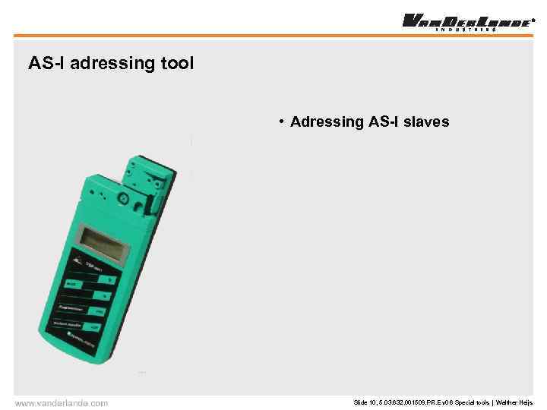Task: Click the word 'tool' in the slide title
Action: tap(176, 63)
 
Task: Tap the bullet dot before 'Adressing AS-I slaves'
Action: tap(281, 121)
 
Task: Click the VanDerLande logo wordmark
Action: tap(465, 20)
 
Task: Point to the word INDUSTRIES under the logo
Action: tap(465, 30)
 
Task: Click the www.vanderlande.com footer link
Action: tap(62, 402)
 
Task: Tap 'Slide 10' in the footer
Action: tap(365, 402)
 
